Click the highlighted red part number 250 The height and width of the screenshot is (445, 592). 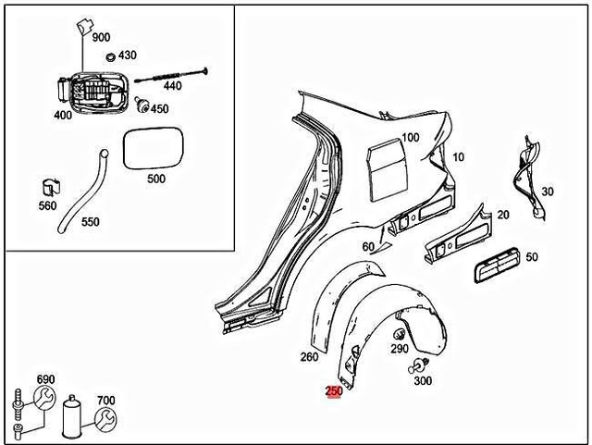[334, 391]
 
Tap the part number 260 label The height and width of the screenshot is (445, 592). [309, 356]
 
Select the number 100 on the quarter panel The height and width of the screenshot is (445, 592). [410, 137]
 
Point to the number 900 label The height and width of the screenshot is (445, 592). [101, 38]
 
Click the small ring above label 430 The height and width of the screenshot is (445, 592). [111, 56]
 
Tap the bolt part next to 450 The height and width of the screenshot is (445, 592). [143, 104]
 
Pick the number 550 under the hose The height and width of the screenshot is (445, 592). [90, 223]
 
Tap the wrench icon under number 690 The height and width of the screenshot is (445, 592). [44, 400]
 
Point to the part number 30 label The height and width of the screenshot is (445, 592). [548, 192]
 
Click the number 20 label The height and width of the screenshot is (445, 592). [503, 215]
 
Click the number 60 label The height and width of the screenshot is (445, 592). [368, 246]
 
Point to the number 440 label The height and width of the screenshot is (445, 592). [172, 86]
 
